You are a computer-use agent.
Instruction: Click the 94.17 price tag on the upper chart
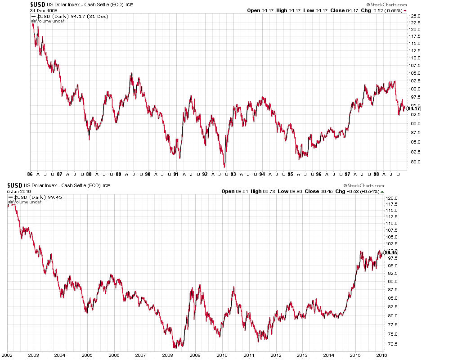[414, 108]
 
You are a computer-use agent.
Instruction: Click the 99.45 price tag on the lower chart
[391, 252]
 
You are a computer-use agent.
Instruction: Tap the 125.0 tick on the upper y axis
[415, 16]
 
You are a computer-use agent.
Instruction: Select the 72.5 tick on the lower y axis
[391, 344]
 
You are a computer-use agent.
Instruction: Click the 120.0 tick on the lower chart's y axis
[391, 198]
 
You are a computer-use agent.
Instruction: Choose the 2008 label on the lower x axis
[167, 355]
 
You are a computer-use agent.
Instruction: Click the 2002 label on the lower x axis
[7, 355]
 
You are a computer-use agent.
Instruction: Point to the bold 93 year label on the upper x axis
[233, 174]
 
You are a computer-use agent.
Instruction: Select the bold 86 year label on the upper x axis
[30, 174]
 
